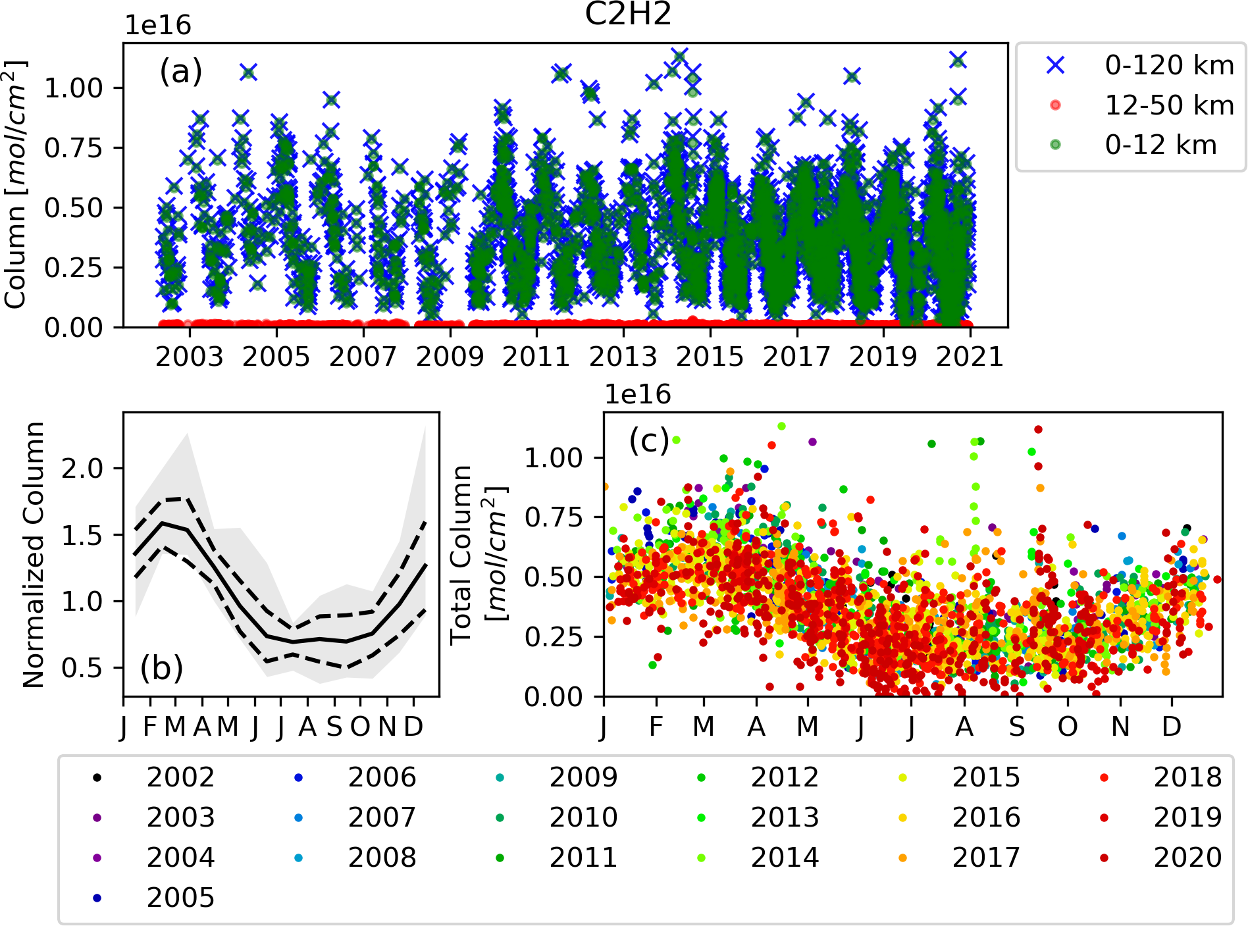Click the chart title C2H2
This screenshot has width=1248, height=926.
(628, 14)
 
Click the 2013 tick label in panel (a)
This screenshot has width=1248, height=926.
(623, 357)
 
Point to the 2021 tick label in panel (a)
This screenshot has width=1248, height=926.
(970, 357)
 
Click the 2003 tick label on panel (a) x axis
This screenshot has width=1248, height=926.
(190, 357)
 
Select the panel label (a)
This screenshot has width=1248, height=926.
(180, 71)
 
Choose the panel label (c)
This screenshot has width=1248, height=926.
(649, 440)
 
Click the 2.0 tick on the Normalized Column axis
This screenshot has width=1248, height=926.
(82, 469)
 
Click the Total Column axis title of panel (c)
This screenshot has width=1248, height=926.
(478, 555)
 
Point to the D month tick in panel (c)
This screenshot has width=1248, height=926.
(1171, 727)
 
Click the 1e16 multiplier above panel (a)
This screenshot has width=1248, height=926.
(158, 26)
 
